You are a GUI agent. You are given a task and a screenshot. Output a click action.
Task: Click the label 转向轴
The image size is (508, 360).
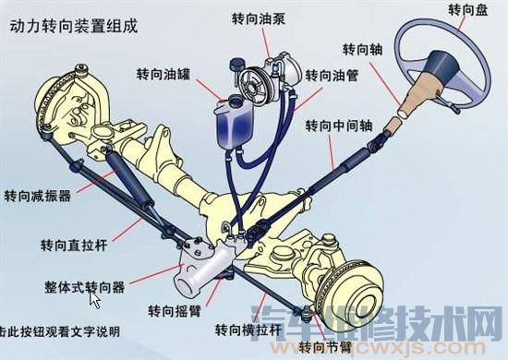point(360,48)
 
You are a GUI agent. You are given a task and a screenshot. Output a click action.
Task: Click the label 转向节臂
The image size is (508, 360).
point(325,347)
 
